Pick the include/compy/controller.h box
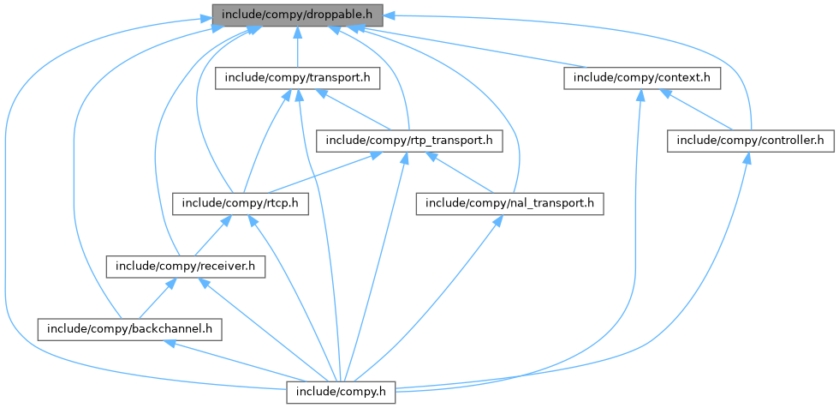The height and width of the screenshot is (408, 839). pyautogui.click(x=750, y=139)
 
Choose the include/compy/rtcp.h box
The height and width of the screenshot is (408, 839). pyautogui.click(x=241, y=203)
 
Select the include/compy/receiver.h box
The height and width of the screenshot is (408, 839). pyautogui.click(x=186, y=267)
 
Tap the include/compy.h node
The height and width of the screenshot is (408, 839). pyautogui.click(x=341, y=392)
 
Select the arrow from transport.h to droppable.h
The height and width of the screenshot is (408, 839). pyautogui.click(x=296, y=47)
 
